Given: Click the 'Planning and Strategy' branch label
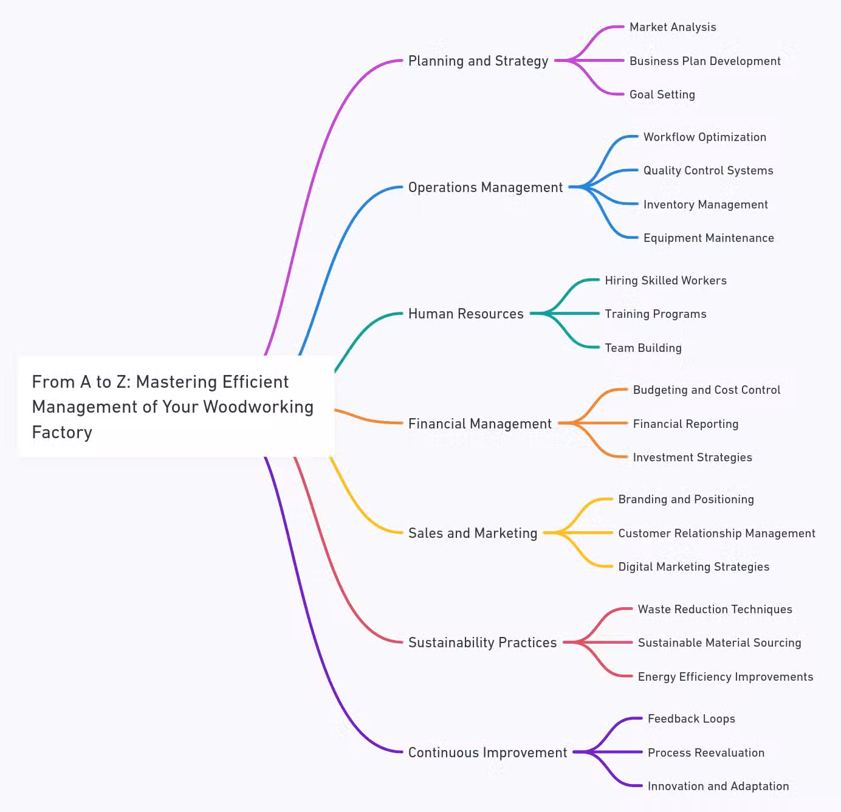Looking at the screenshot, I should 478,61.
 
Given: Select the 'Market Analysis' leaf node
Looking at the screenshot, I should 673,27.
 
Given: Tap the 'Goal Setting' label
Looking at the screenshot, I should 662,95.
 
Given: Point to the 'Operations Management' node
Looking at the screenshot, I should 486,187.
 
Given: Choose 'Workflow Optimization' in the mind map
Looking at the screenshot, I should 704,137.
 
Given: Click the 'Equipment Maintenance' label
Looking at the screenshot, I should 709,238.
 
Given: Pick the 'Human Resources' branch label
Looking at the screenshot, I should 465,314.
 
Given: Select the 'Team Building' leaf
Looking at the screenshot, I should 643,348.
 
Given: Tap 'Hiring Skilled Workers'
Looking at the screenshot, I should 665,281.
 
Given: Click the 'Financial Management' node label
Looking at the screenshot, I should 479,424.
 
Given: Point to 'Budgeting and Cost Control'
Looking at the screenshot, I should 706,390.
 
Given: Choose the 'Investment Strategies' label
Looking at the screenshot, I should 692,458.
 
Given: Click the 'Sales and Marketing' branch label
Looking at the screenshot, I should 473,533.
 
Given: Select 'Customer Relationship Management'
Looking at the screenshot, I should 716,534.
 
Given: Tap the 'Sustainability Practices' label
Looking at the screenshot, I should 482,642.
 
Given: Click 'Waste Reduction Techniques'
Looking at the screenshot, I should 715,610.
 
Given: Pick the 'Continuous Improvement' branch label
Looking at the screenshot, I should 487,752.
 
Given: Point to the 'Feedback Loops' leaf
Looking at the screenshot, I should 691,719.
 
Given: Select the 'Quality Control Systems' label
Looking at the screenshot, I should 708,171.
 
